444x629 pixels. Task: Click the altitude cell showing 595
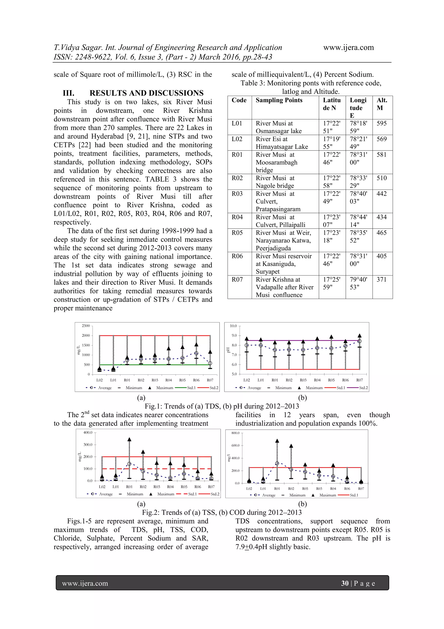coord(381,123)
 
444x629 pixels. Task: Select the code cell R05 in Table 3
coord(237,233)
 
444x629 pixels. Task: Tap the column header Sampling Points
coord(279,100)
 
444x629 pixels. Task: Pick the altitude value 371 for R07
coord(381,279)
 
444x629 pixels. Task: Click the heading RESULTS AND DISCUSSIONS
coord(146,93)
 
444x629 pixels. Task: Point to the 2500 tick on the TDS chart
coord(86,326)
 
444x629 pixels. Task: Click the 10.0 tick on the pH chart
coord(233,326)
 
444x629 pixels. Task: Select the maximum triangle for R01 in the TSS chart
coord(129,439)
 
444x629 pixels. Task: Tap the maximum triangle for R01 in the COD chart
coord(277,441)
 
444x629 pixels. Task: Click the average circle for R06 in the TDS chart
coord(196,353)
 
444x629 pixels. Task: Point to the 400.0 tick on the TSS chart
coord(88,433)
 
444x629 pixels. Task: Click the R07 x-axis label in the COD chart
coord(361,489)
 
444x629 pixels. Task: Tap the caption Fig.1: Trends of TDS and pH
coord(222,406)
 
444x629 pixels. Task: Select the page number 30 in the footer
coord(344,583)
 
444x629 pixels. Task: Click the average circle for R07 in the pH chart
coord(359,341)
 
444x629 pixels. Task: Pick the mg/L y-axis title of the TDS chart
coord(78,350)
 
